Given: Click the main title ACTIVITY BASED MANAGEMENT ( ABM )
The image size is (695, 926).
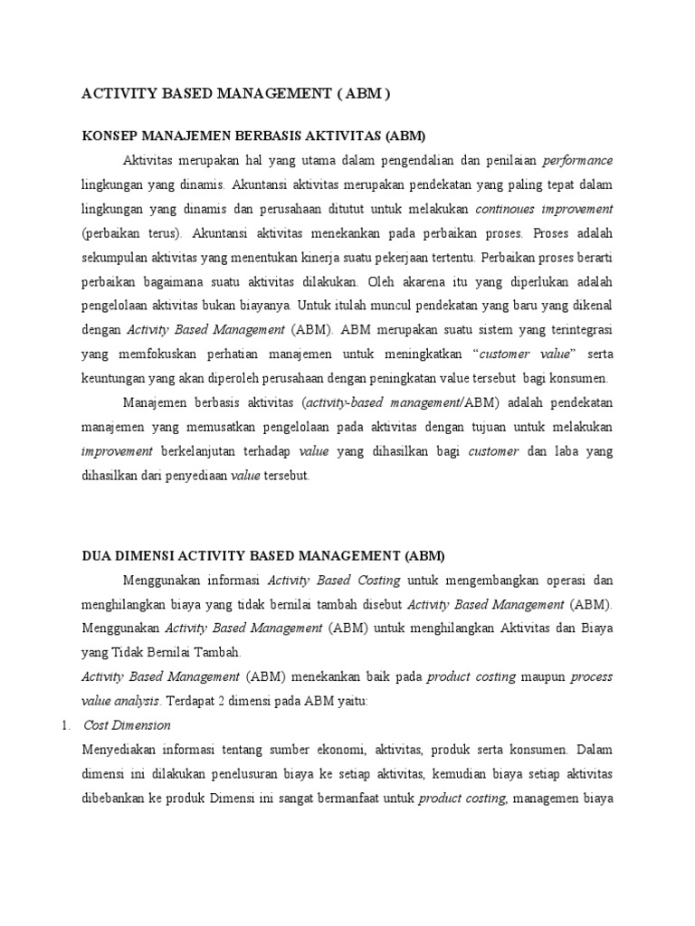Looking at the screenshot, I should click(x=236, y=93).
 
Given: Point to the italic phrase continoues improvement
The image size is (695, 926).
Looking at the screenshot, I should click(x=544, y=208).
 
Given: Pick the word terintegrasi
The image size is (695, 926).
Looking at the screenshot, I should click(x=573, y=329).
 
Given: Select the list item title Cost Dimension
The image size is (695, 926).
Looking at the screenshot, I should click(x=127, y=725).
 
